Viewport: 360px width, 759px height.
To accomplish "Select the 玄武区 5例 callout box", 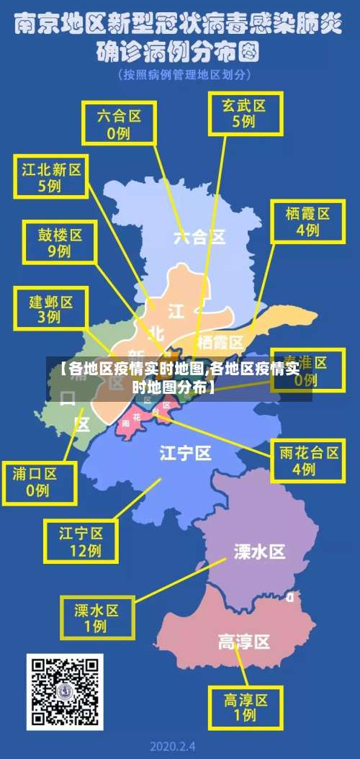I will tap(243, 112).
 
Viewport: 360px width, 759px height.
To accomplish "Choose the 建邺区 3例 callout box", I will tap(50, 307).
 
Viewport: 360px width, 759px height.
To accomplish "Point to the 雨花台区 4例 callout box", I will tap(309, 459).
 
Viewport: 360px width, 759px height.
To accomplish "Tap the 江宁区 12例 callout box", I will tap(80, 542).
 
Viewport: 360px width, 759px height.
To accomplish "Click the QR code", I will tap(65, 691).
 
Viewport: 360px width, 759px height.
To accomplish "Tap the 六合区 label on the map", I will tap(199, 236).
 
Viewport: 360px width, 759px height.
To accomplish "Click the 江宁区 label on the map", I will tap(185, 453).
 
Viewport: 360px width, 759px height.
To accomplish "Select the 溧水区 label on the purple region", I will tap(259, 552).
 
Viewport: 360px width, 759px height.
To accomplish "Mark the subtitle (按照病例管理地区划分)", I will tap(185, 74).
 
